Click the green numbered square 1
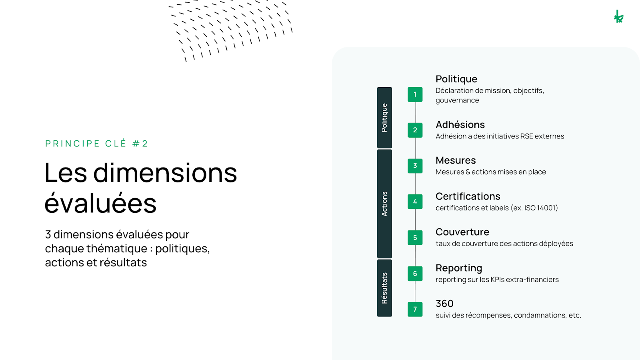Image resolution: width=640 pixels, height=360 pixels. pos(415,94)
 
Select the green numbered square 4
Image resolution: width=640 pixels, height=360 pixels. pos(415,202)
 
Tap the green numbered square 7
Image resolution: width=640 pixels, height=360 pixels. pos(415,309)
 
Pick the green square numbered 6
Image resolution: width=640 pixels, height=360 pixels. pos(415,274)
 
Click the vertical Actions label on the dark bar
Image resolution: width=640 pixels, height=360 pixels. pos(384,204)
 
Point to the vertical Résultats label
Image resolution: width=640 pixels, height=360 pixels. pos(384,288)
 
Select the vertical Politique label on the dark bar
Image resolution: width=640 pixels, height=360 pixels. pos(384,118)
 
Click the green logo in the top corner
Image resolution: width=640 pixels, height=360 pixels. pos(618,17)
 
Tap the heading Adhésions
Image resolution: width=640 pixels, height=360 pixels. pos(460,125)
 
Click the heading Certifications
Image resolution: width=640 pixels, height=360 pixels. pos(468,196)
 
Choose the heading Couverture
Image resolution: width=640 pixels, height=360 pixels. pos(462,232)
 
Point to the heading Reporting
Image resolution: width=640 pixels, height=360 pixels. pos(459,268)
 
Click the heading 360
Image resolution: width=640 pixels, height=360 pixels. pos(444,304)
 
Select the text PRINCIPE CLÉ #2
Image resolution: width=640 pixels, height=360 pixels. pos(96,144)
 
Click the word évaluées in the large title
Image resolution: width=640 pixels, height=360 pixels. pos(100,204)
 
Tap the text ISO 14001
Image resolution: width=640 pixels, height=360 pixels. pos(540,208)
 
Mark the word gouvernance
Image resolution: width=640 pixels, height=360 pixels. pos(457,100)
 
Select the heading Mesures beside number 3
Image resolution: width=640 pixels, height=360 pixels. pos(456,160)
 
